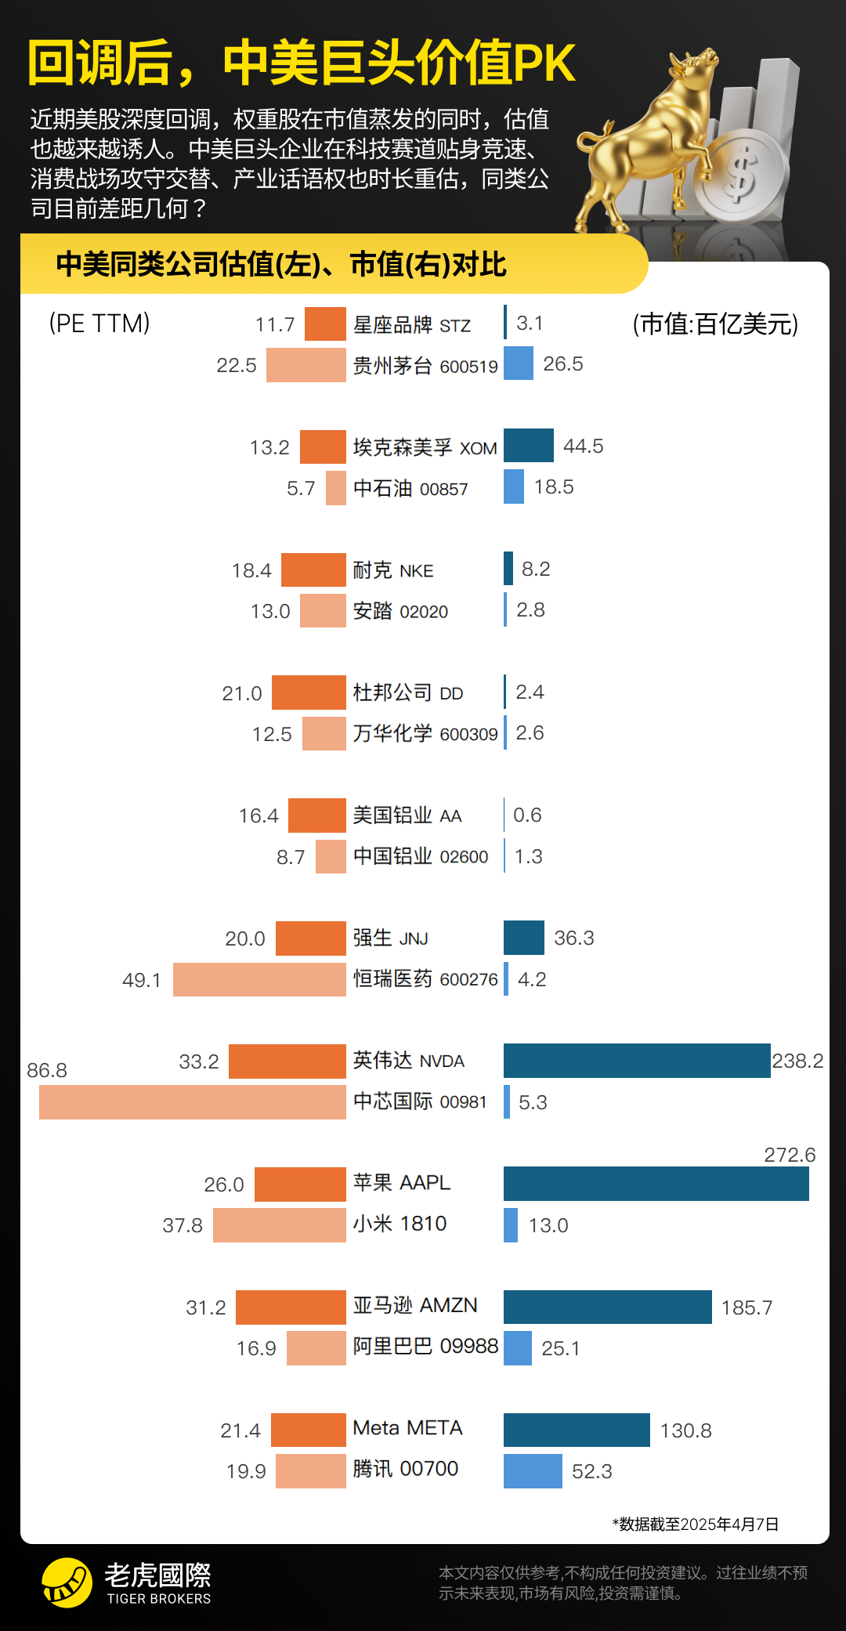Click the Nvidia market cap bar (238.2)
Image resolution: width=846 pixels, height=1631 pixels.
636,1061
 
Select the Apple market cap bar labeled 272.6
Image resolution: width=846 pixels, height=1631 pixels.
656,1184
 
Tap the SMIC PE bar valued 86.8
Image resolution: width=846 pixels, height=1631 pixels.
192,1102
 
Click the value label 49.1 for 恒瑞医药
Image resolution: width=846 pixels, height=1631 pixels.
142,980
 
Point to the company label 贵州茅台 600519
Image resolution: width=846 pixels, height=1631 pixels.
425,366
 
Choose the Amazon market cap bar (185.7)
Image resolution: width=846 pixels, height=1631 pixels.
607,1307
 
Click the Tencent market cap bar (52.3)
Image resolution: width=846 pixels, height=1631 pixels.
533,1471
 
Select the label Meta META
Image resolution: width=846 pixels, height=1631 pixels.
407,1428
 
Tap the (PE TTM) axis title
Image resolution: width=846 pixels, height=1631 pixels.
99,324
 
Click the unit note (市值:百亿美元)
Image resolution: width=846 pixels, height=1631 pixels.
715,324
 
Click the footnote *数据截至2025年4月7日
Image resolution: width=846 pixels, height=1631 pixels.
695,1524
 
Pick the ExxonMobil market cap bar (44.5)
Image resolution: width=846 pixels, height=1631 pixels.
528,446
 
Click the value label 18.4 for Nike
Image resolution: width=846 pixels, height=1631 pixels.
251,570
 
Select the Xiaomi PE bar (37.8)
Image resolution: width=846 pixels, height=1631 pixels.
279,1225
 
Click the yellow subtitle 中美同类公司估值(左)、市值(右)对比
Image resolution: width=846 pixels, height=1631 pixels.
280,265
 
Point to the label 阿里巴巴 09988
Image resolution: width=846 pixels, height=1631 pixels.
425,1347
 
